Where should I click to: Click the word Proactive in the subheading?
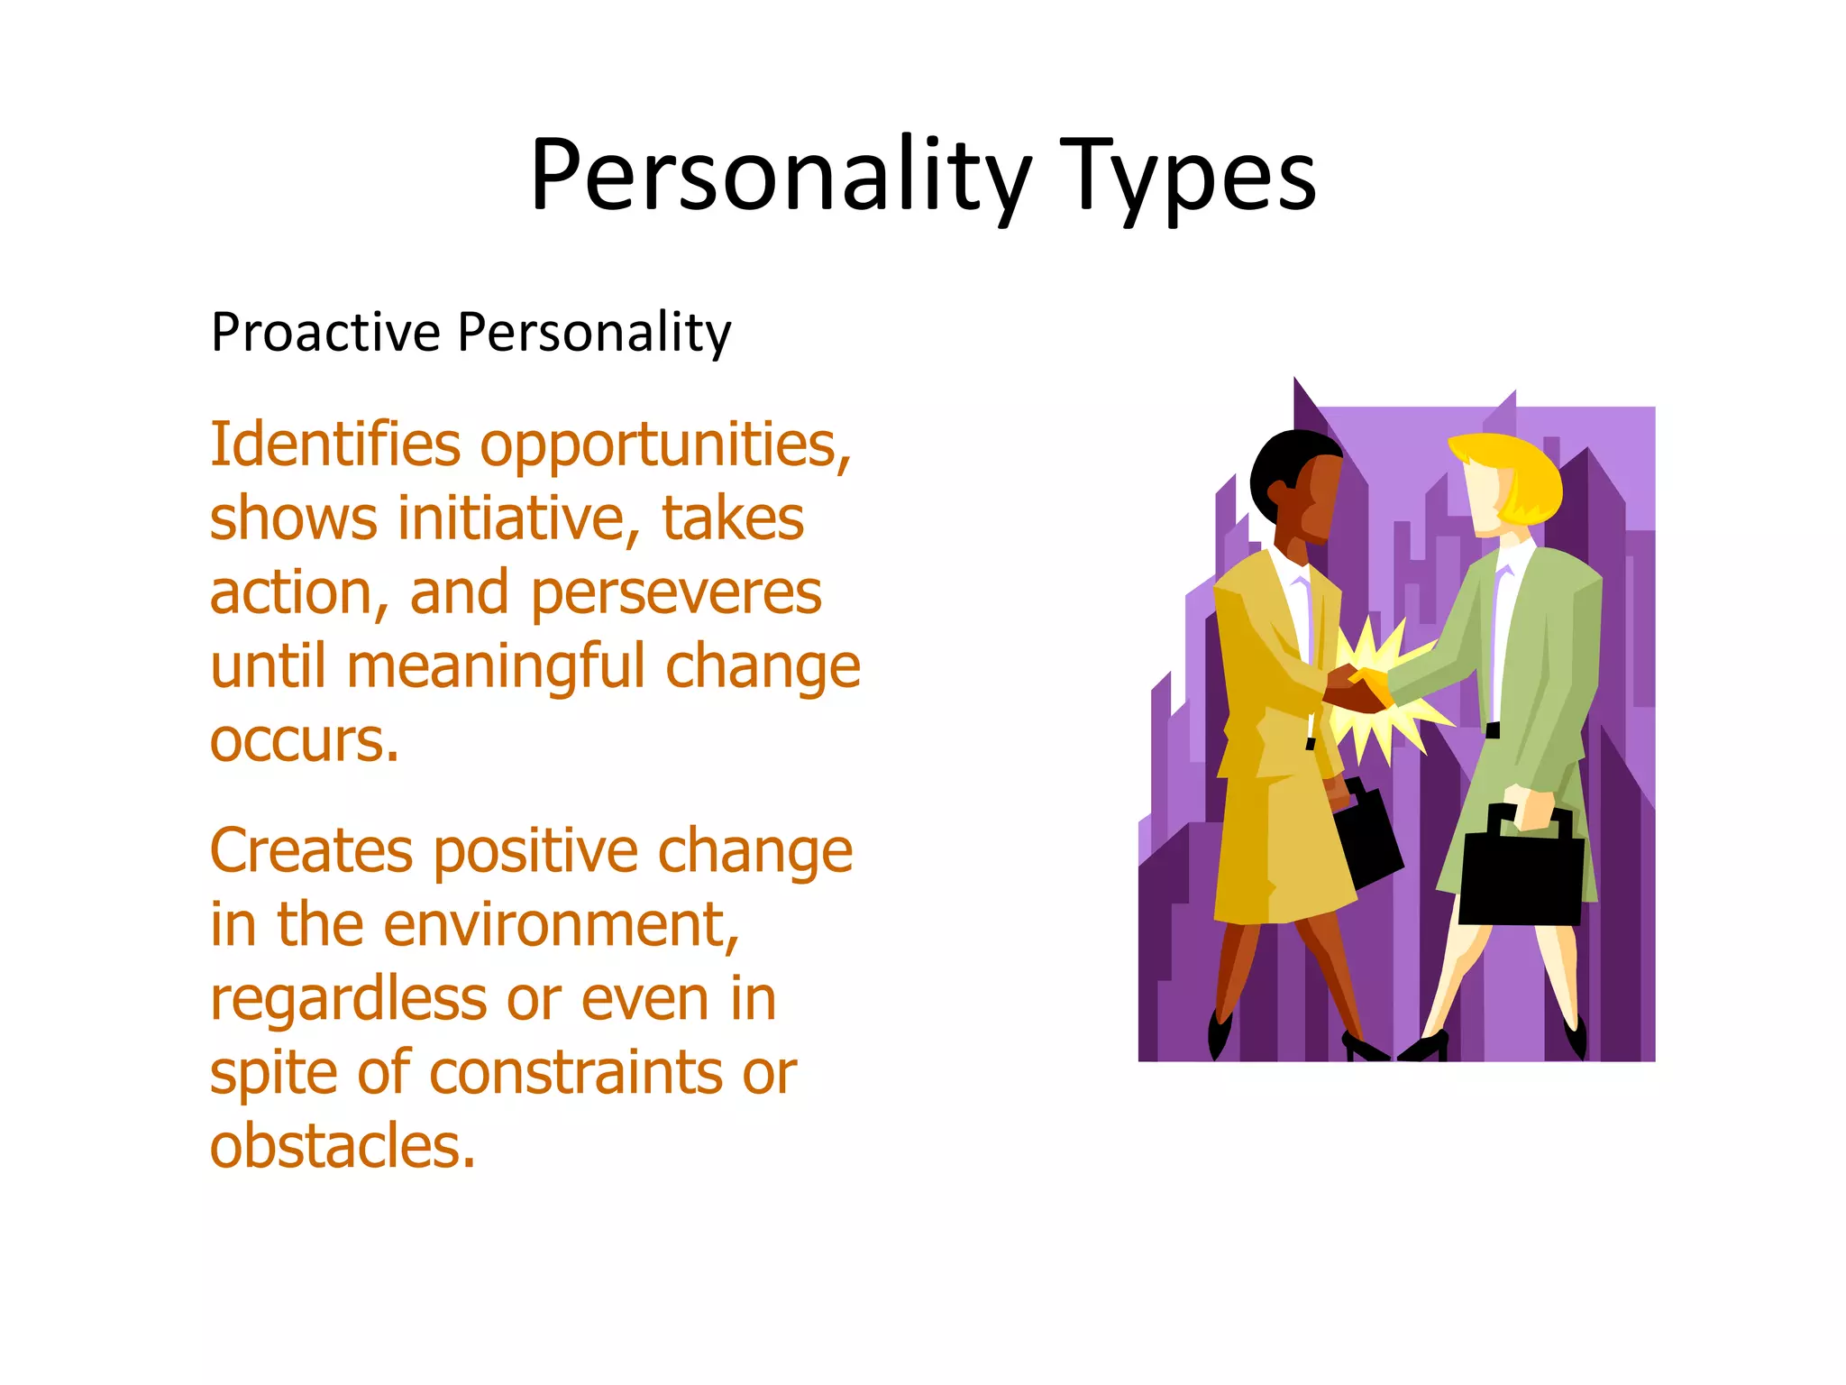point(325,332)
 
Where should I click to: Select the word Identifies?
point(335,445)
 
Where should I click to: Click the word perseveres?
point(676,595)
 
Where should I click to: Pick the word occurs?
point(304,741)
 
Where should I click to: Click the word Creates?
point(313,851)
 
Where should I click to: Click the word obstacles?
point(343,1147)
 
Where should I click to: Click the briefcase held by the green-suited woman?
point(1521,875)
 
